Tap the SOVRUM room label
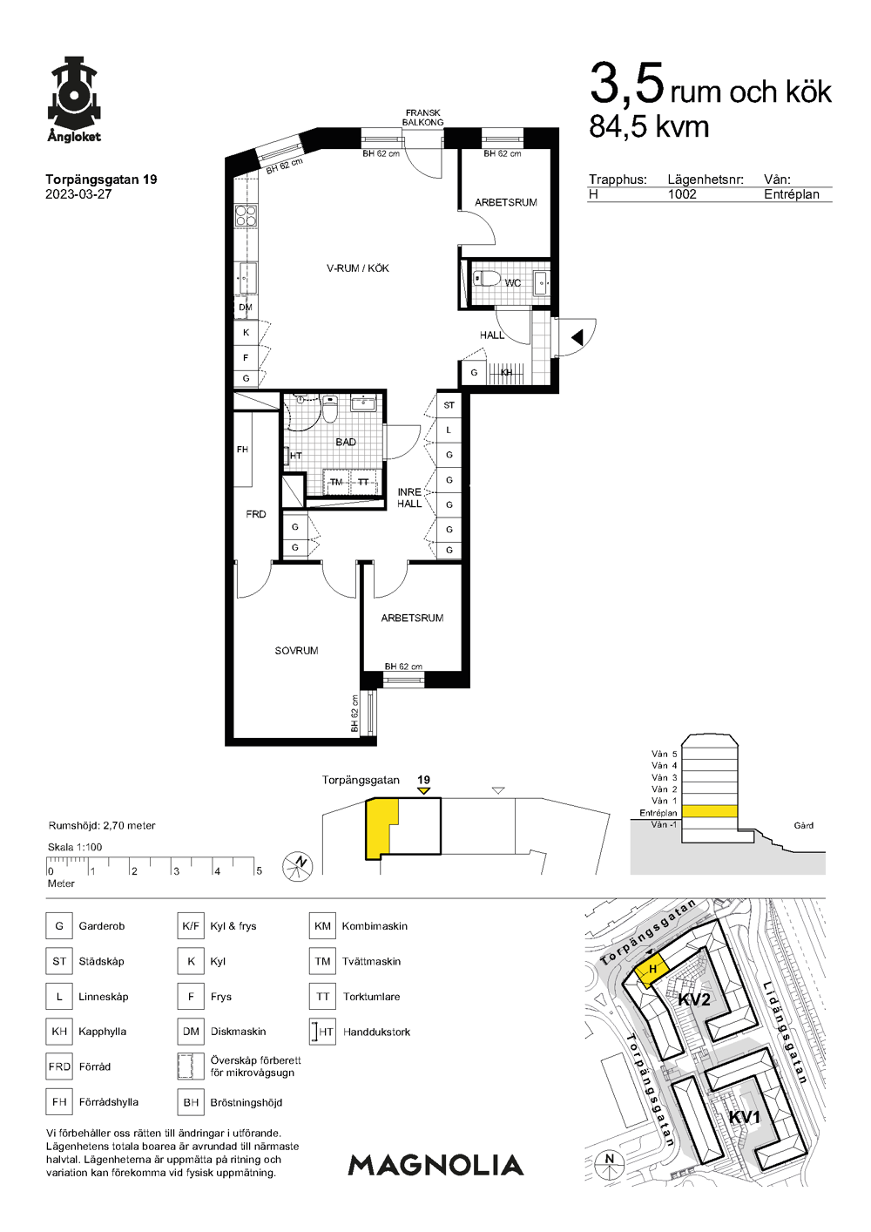(x=296, y=651)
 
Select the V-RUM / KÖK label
(x=358, y=268)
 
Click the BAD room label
(x=346, y=442)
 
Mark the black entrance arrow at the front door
(x=577, y=337)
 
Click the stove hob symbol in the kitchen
(x=246, y=215)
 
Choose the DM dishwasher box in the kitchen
(x=246, y=308)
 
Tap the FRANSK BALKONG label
(x=422, y=117)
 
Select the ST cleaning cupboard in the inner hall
(x=449, y=405)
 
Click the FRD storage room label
(x=256, y=514)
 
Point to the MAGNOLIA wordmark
(x=435, y=1165)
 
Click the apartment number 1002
(x=682, y=194)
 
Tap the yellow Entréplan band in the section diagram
(x=709, y=812)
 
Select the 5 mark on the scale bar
(x=259, y=871)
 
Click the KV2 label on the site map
(x=694, y=999)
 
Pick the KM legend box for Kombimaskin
(x=322, y=926)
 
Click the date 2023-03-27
(x=78, y=194)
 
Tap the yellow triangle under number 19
(x=423, y=791)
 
